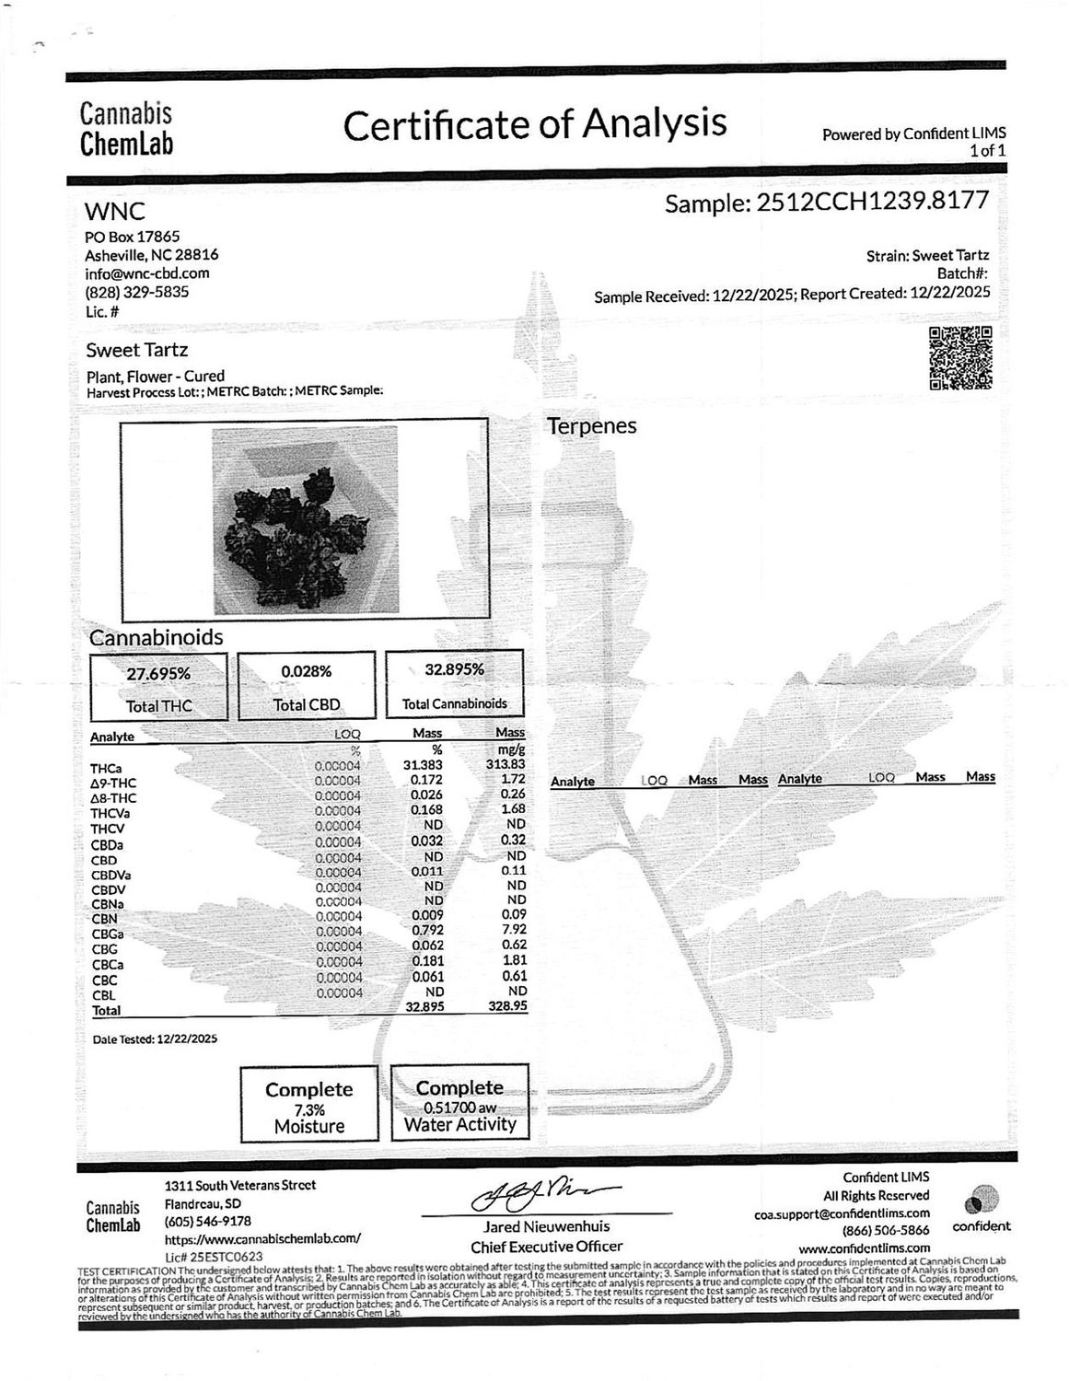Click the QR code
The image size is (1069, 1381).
click(x=960, y=357)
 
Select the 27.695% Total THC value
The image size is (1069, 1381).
click(x=158, y=673)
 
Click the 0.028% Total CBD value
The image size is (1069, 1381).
click(x=307, y=671)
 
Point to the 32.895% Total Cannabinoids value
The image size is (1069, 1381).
click(x=454, y=669)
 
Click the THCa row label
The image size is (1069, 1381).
click(x=107, y=767)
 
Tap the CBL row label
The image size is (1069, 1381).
click(x=103, y=995)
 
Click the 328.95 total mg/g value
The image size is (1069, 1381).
click(x=505, y=1007)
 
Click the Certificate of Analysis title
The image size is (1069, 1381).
click(x=535, y=124)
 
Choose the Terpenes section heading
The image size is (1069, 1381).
click(x=592, y=426)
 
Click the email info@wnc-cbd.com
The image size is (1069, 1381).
click(x=147, y=273)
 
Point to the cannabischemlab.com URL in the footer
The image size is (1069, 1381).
click(x=262, y=1238)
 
